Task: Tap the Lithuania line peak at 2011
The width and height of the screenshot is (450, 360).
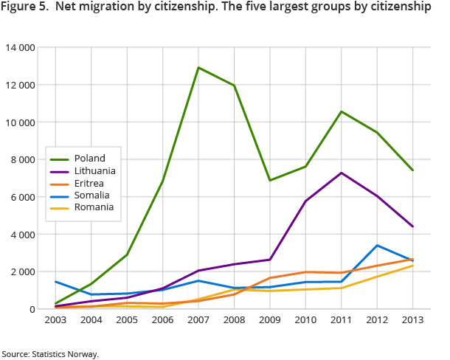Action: [x=341, y=173]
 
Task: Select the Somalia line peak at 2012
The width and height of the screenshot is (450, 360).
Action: [x=377, y=246]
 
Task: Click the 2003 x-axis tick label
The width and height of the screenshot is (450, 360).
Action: [x=57, y=321]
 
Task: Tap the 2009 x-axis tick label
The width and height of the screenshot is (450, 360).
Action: [x=271, y=321]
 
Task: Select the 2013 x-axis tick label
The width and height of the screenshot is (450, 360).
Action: [x=412, y=321]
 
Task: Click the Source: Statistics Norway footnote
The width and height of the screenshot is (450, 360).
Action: [x=50, y=353]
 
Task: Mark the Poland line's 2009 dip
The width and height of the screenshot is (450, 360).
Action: [x=270, y=180]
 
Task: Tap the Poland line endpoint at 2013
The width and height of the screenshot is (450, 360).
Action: [x=412, y=170]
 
